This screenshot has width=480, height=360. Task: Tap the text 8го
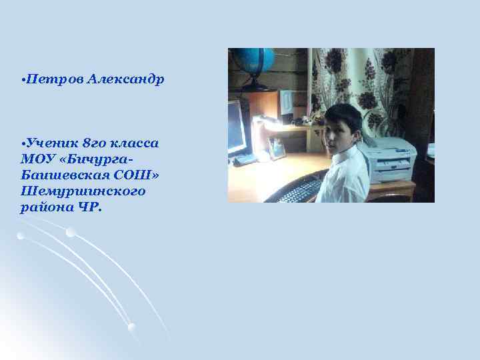tap(97, 143)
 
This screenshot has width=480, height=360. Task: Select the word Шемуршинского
tap(83, 191)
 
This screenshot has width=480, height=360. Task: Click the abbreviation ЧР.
tap(90, 207)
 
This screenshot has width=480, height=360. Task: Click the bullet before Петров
tap(23, 80)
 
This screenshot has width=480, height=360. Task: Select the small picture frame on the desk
tap(277, 148)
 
